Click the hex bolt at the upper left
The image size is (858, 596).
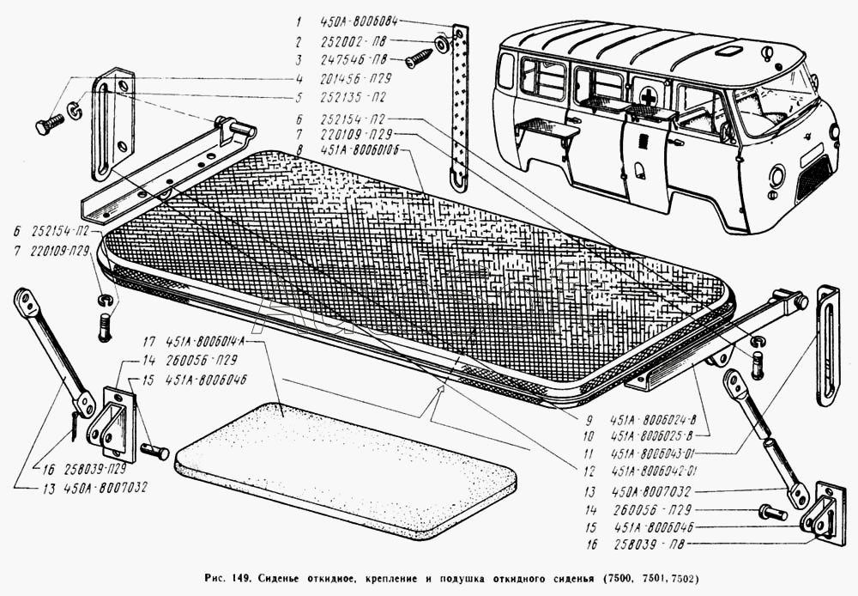[46, 125]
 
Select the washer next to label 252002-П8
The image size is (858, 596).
[440, 43]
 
